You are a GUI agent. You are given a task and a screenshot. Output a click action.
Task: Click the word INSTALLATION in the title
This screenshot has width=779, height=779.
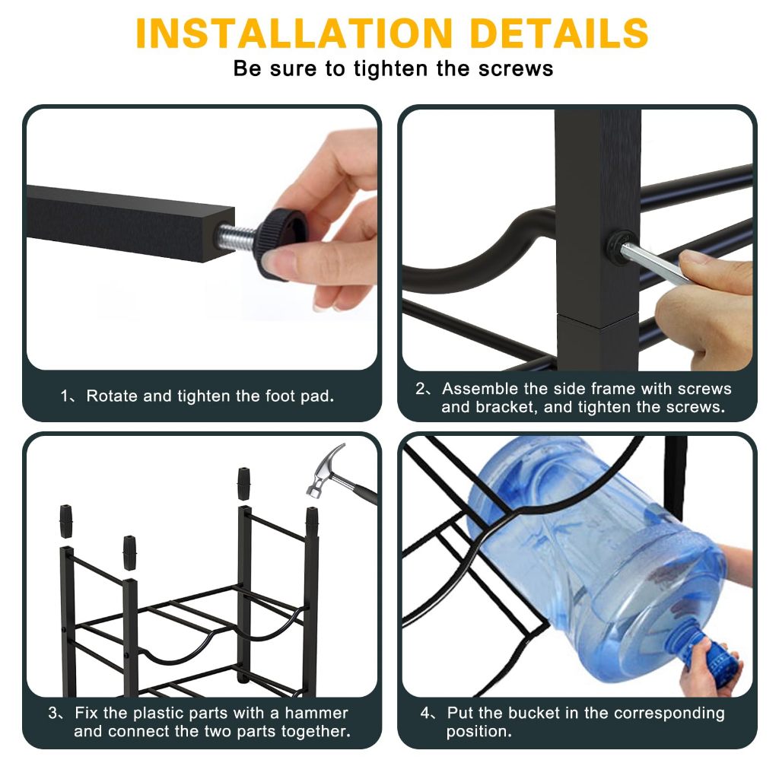(294, 33)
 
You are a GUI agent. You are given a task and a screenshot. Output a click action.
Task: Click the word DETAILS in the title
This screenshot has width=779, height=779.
(559, 33)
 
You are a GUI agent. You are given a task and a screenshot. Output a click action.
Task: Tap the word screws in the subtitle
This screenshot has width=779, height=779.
(516, 68)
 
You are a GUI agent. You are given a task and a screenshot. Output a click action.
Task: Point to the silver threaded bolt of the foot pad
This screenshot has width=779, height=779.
(237, 234)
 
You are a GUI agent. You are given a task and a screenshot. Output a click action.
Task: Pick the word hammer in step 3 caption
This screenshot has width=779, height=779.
(316, 713)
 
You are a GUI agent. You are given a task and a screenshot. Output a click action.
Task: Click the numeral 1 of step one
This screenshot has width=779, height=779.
(65, 396)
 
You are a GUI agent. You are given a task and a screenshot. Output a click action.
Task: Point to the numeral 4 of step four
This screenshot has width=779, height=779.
(425, 713)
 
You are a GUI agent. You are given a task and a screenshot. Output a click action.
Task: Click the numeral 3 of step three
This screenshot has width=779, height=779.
(53, 713)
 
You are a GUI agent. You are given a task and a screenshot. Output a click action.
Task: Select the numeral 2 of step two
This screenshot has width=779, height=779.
(420, 389)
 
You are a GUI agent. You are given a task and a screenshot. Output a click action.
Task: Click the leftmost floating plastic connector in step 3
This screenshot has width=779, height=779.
(65, 521)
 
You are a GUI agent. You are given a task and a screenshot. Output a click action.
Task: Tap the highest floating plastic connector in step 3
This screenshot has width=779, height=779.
(243, 483)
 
